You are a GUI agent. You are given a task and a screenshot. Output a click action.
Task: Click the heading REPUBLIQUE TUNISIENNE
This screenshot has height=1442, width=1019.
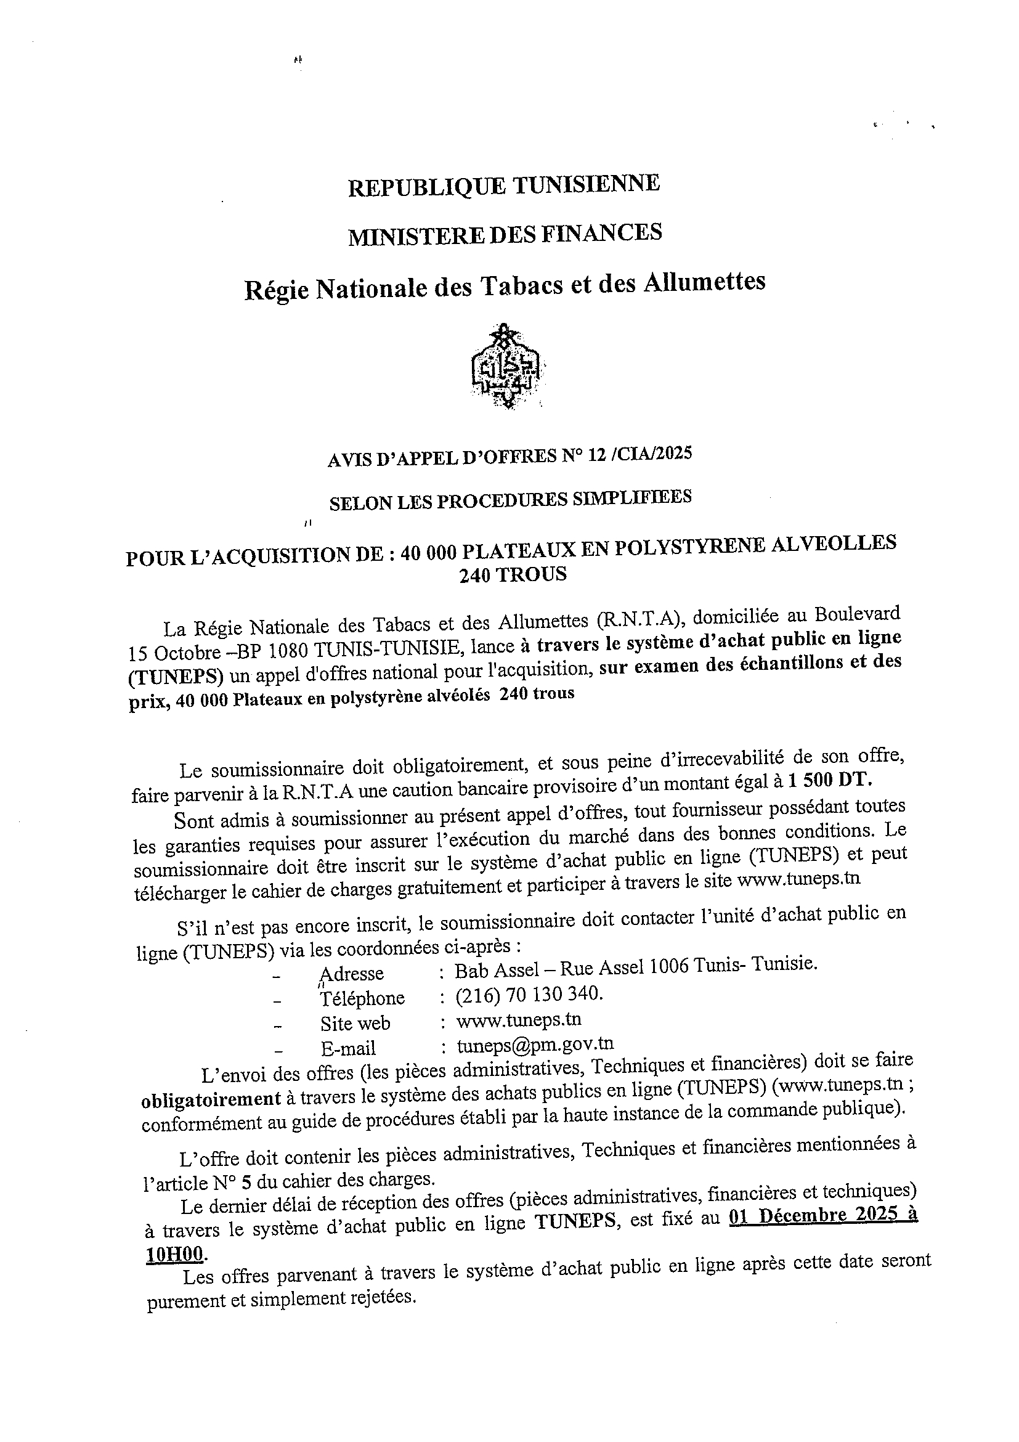[x=503, y=185]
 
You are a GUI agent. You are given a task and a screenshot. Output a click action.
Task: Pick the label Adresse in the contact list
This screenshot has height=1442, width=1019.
[x=352, y=974]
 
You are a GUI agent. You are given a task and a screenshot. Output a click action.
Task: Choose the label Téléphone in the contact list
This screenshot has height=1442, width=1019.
[x=362, y=998]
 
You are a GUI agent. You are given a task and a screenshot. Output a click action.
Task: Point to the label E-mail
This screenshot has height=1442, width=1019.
[x=348, y=1048]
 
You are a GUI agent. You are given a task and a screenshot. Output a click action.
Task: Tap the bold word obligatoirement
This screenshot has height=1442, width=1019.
[x=211, y=1099]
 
